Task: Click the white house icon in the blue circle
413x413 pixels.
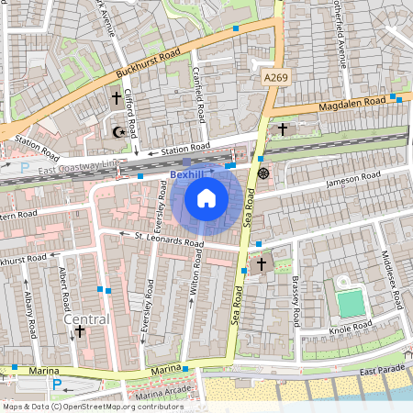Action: click(206, 198)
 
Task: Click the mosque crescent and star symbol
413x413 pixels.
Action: click(117, 132)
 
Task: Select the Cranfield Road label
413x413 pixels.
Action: click(198, 94)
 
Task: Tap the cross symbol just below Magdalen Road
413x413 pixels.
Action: click(283, 128)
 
